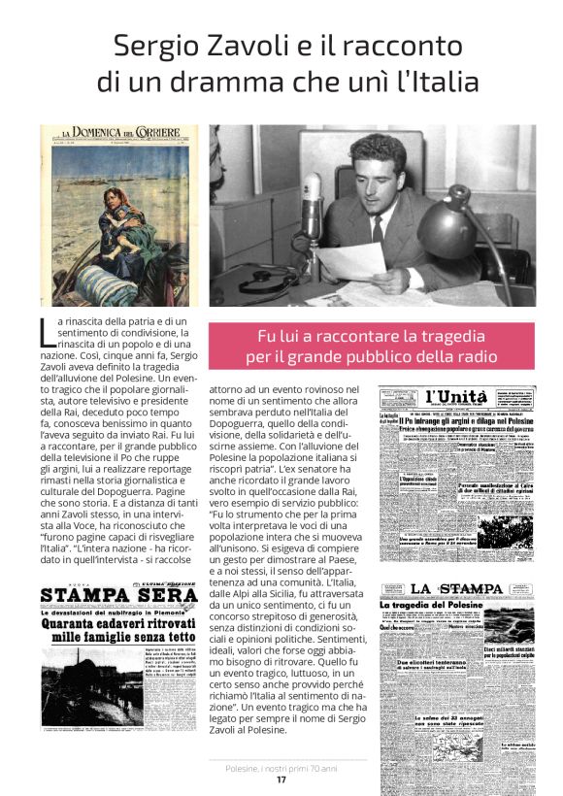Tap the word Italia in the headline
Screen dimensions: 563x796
pyautogui.click(x=432, y=82)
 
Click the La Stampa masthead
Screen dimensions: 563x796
pyautogui.click(x=455, y=589)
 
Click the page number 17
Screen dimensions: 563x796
pyautogui.click(x=281, y=779)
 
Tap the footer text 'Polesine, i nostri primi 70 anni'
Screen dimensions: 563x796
pyautogui.click(x=281, y=768)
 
